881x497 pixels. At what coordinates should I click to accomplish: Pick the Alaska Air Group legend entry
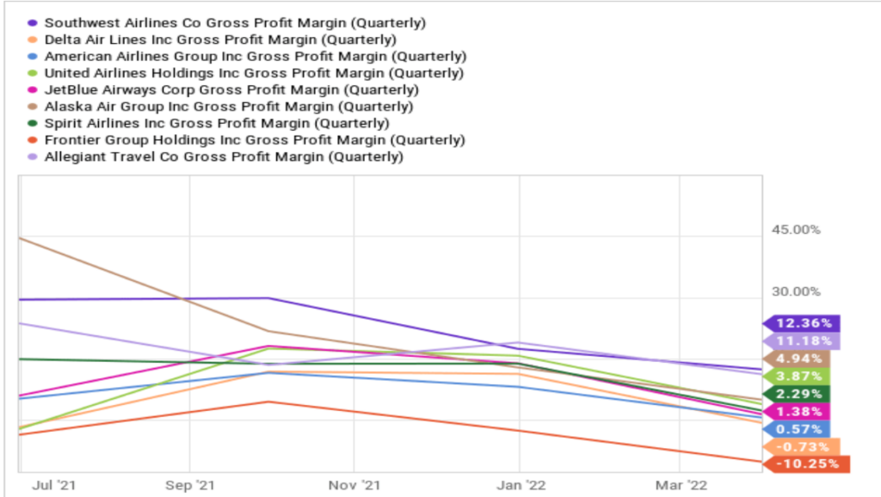229,107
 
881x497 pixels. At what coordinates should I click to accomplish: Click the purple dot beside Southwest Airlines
32,21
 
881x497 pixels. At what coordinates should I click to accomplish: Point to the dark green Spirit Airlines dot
32,124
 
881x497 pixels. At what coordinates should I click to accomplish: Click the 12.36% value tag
802,324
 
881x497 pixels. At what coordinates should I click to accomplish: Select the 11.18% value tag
802,341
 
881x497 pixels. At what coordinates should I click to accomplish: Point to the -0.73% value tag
802,447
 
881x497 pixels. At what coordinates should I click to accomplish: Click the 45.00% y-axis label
796,230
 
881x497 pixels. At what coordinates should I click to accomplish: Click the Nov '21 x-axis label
354,485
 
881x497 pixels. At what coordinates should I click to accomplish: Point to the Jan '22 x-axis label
518,485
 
